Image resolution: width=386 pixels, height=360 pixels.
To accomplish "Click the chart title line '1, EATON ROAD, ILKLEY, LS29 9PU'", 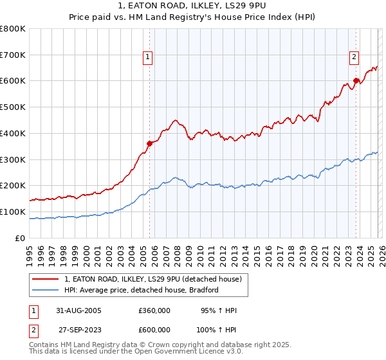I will [193, 6].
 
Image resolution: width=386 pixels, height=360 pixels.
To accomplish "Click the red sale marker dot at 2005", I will [149, 143].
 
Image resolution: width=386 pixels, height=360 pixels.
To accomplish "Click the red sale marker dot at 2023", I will [356, 81].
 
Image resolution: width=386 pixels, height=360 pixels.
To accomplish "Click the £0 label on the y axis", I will [19, 238].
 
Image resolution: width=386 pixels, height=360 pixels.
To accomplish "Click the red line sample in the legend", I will [46, 279].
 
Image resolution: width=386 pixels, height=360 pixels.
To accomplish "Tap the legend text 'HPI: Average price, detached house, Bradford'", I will [142, 290].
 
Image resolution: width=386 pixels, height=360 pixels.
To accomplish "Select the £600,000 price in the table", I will [154, 328].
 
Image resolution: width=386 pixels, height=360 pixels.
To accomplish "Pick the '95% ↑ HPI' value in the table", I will [219, 310].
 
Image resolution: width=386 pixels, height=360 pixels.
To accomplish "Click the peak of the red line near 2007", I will [174, 120].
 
